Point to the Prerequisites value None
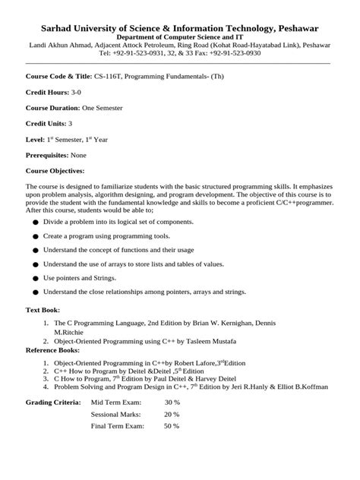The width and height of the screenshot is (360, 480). [79, 154]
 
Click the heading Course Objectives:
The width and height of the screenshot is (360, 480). [55, 170]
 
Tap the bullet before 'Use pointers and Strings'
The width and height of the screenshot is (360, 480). [35, 279]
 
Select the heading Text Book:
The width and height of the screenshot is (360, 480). [43, 311]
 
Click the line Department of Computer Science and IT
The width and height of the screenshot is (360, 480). [179, 37]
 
